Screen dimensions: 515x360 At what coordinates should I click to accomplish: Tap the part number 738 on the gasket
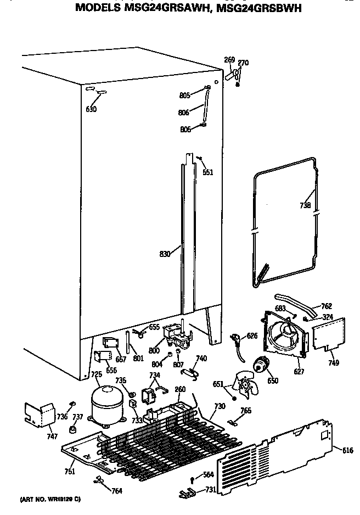[x=305, y=206]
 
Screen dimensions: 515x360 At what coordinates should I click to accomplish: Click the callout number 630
[x=91, y=109]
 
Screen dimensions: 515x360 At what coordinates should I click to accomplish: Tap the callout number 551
[x=207, y=172]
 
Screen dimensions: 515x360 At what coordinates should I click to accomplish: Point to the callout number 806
[x=184, y=113]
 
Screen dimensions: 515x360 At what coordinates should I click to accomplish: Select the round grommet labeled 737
[x=72, y=429]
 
